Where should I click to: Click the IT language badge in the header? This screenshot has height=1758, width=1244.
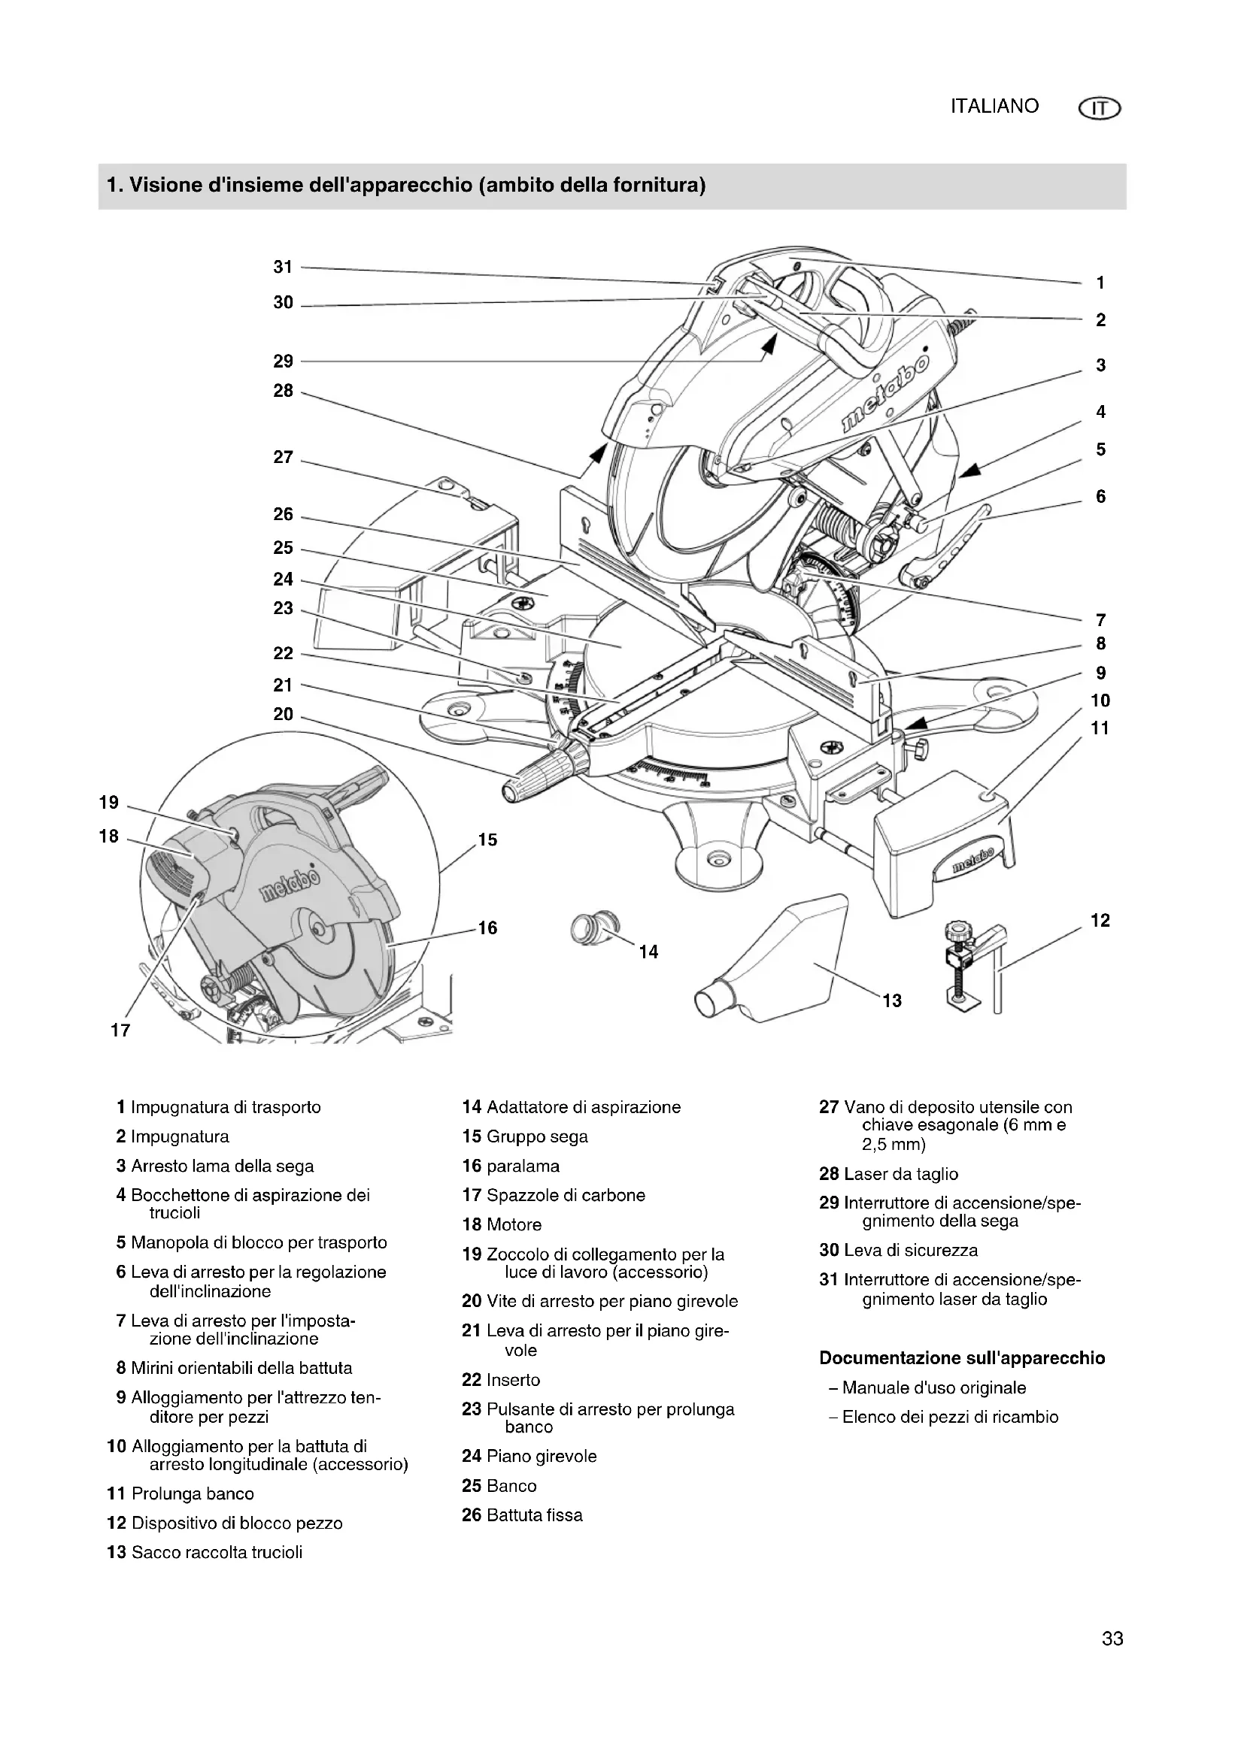pos(1100,110)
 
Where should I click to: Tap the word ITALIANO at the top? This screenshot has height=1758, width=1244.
pos(994,107)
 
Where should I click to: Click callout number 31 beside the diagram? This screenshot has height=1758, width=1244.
pos(284,268)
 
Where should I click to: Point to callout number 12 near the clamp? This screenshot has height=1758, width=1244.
pos(1100,921)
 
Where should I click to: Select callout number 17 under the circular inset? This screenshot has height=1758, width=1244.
pos(120,1030)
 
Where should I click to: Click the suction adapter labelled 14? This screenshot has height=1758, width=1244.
pos(595,930)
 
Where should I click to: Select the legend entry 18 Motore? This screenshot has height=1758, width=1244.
pos(502,1224)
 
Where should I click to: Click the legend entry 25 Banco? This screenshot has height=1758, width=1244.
pos(499,1485)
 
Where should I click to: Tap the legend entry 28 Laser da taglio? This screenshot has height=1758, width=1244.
pos(888,1174)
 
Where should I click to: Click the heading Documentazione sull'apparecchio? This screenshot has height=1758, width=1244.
pos(961,1358)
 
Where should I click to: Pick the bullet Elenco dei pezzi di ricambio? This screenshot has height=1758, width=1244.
pos(949,1417)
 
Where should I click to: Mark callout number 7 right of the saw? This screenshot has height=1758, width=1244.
pos(1101,619)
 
